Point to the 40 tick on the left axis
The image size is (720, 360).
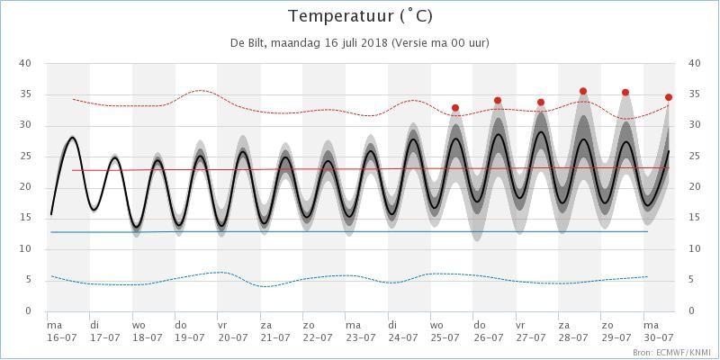(x=26, y=63)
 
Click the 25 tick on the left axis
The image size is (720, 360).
(x=26, y=157)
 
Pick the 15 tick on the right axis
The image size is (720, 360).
(x=694, y=218)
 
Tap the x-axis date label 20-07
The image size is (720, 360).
(x=232, y=337)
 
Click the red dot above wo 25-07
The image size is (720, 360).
(x=455, y=108)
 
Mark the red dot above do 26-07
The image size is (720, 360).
(x=498, y=101)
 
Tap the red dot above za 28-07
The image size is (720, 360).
(x=583, y=91)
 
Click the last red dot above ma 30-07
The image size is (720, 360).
(x=669, y=97)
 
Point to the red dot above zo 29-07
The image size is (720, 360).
(x=625, y=93)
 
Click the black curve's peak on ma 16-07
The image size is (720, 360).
(x=72, y=138)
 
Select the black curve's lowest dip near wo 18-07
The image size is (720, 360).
(x=136, y=227)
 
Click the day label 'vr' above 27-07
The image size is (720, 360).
(x=520, y=325)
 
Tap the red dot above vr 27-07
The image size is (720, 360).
(x=541, y=103)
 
